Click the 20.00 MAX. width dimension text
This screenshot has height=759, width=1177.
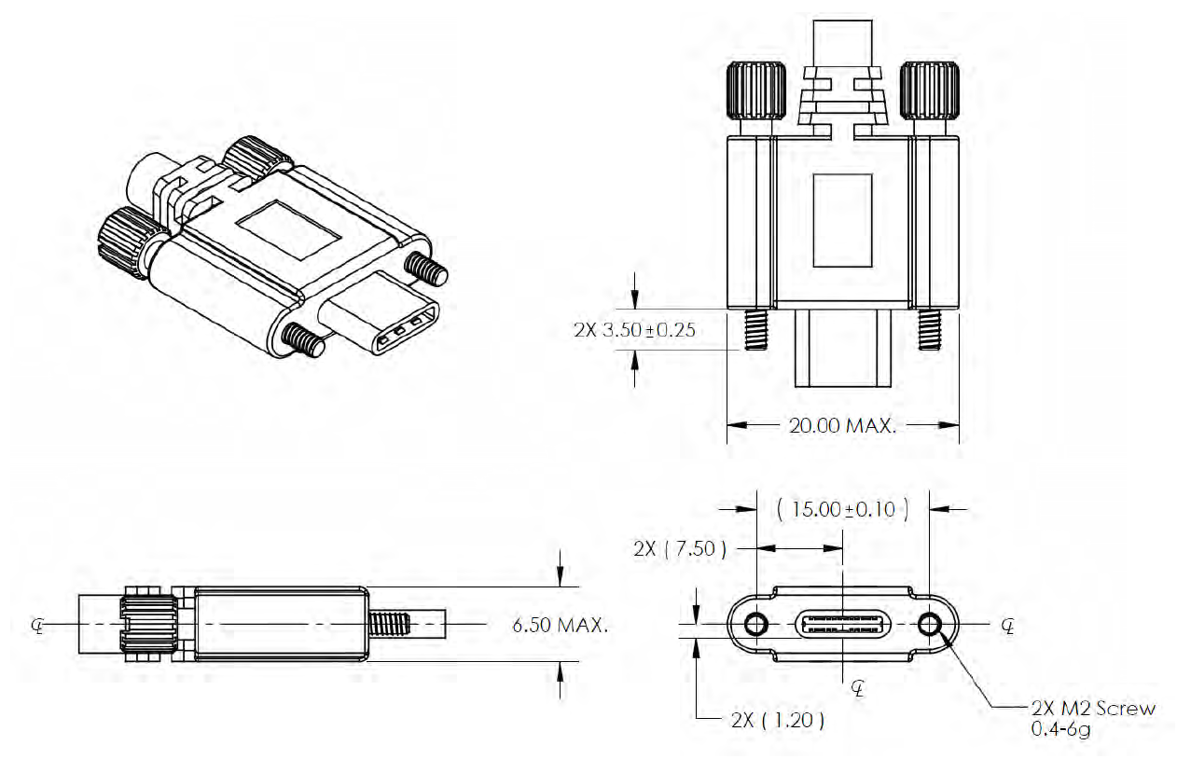(x=842, y=426)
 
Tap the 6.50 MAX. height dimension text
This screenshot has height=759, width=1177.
(x=561, y=625)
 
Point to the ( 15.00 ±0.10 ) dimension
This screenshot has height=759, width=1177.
(x=842, y=509)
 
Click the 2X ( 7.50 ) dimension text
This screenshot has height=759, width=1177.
(x=679, y=547)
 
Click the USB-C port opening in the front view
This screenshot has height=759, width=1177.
(x=842, y=624)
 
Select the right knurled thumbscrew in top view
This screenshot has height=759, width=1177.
(x=930, y=90)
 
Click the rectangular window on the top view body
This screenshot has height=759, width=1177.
(x=842, y=219)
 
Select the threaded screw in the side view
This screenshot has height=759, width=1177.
(x=392, y=623)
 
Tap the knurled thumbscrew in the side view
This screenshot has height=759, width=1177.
(x=149, y=623)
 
